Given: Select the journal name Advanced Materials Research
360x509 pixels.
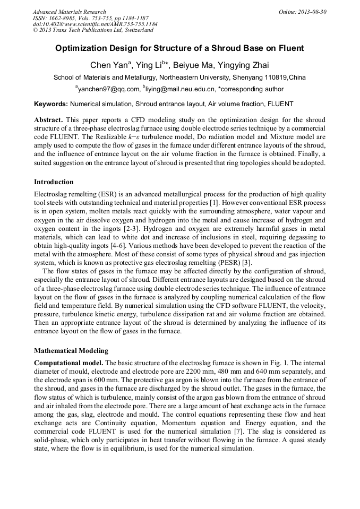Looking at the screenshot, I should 69,12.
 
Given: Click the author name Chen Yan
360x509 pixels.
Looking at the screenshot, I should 108,65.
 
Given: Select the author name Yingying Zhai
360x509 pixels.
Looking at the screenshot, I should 239,65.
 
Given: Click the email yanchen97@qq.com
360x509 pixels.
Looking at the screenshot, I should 109,89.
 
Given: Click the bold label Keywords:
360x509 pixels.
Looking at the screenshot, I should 51,104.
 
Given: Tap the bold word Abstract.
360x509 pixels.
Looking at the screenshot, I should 48,120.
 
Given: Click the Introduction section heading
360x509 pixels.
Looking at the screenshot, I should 54,182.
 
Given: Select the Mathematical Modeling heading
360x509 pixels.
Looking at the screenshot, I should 71,350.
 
